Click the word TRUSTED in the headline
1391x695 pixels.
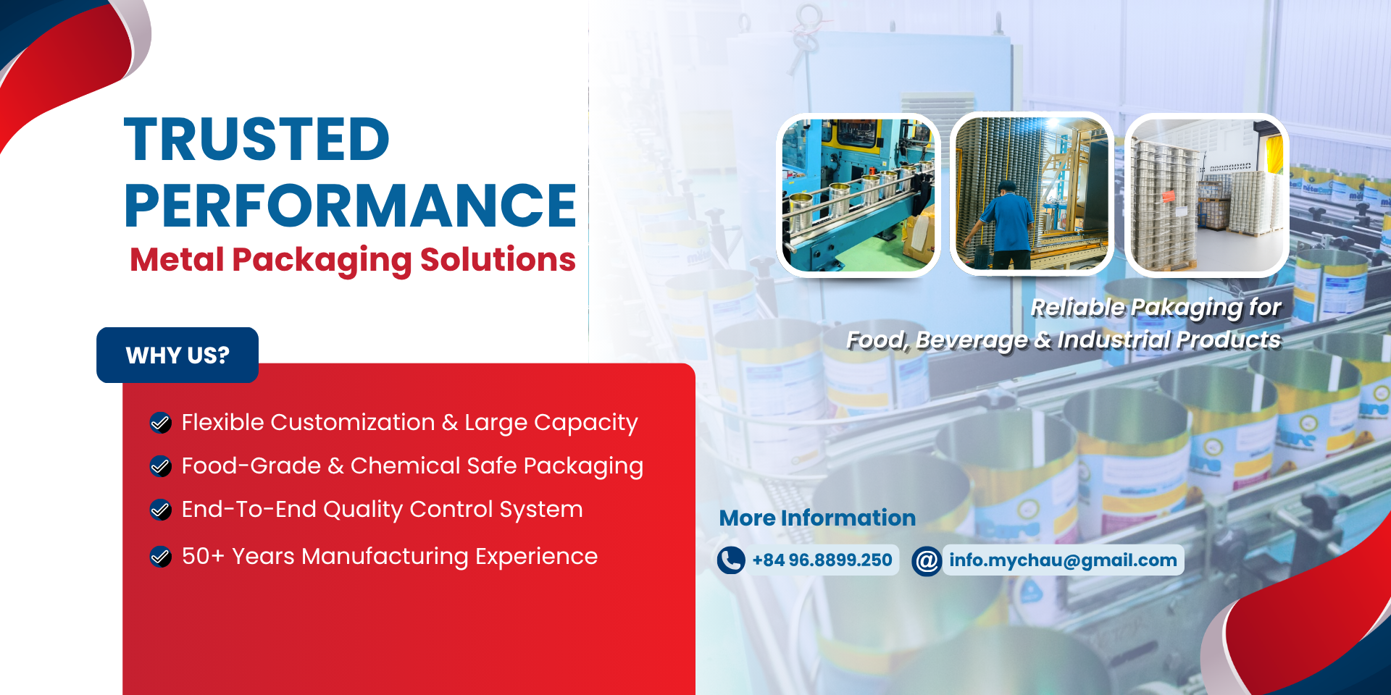click(257, 140)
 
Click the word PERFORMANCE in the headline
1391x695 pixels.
click(351, 206)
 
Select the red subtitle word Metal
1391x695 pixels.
click(177, 259)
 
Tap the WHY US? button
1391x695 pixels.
click(177, 355)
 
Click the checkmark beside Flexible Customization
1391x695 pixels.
click(160, 423)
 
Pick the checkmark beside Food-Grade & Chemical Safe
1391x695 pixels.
click(160, 466)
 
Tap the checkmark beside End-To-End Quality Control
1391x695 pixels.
click(160, 510)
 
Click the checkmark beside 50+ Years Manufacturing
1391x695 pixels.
click(160, 557)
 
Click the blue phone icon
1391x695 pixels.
click(731, 560)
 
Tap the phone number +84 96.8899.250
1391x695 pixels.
click(822, 560)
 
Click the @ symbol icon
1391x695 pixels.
click(927, 560)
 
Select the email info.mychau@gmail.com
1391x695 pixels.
click(1063, 560)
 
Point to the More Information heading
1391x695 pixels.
click(817, 518)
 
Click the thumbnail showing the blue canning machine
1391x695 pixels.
click(859, 195)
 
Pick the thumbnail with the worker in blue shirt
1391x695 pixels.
click(1032, 193)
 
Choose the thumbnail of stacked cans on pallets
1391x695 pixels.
click(1207, 195)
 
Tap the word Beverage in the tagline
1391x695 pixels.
click(971, 340)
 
